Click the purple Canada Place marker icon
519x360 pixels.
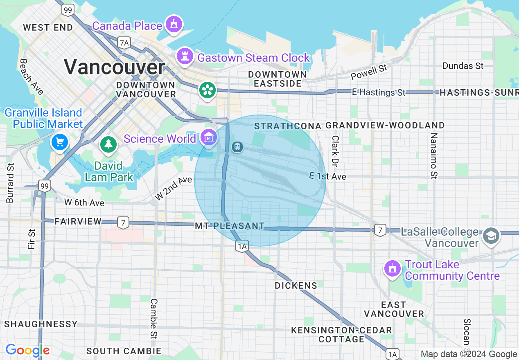click(x=174, y=25)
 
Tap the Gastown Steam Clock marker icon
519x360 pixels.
click(x=185, y=56)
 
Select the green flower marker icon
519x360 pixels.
click(x=208, y=90)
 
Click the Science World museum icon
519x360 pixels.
click(x=209, y=138)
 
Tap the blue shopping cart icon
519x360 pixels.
click(x=60, y=142)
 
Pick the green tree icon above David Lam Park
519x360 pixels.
click(x=108, y=144)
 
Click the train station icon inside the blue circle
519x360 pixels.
click(x=237, y=146)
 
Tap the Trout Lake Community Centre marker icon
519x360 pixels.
click(x=393, y=268)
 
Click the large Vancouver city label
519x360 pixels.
click(x=114, y=67)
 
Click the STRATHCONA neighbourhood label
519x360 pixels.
click(x=287, y=126)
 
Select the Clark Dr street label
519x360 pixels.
click(x=335, y=151)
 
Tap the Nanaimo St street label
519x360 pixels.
click(x=434, y=155)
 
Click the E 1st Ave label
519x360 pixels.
click(x=327, y=176)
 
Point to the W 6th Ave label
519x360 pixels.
click(x=84, y=202)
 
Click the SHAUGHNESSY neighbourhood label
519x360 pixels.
click(x=41, y=324)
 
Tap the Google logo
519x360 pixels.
click(x=27, y=350)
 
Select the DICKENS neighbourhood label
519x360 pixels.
click(x=296, y=286)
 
